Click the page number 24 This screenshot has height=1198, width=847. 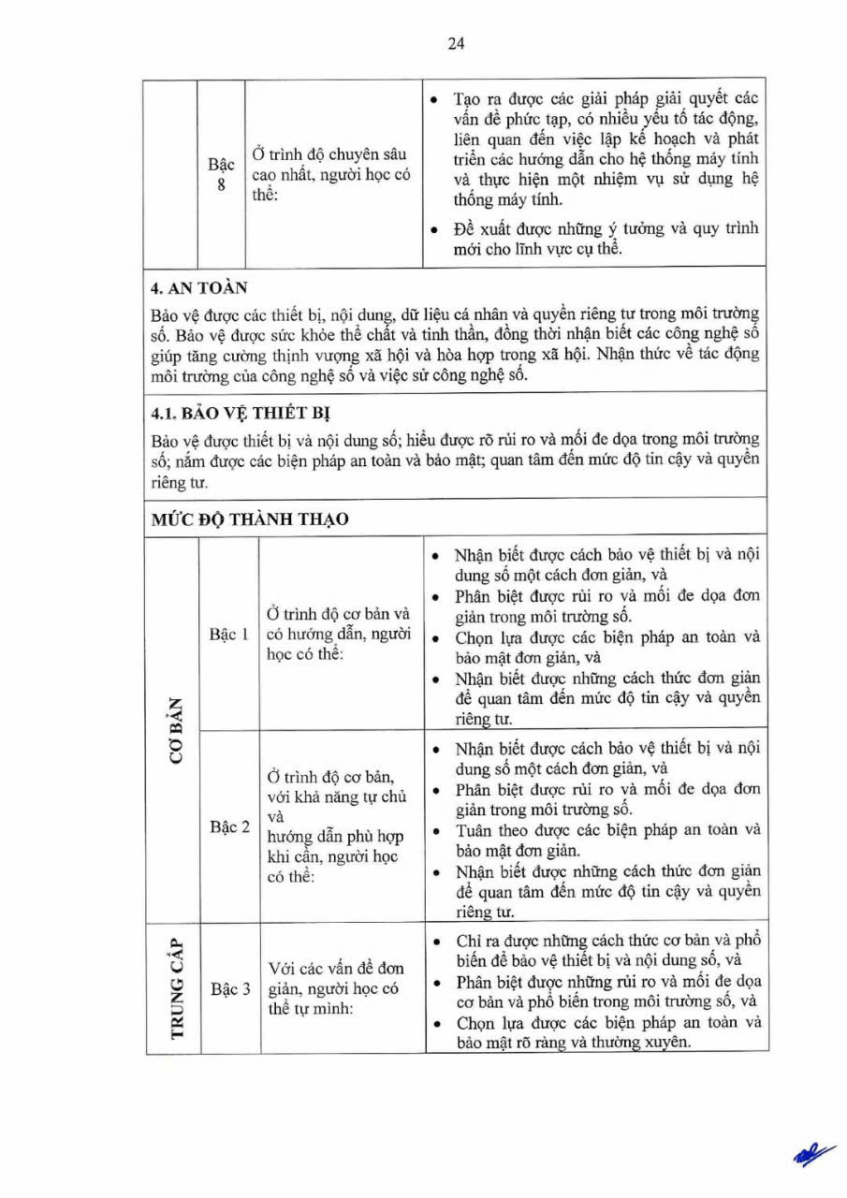tap(456, 44)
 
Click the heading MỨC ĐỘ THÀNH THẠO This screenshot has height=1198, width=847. tap(250, 519)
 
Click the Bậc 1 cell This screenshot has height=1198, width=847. tap(229, 635)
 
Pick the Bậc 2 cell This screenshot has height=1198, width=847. tap(229, 827)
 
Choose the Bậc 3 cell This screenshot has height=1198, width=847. tap(229, 988)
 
